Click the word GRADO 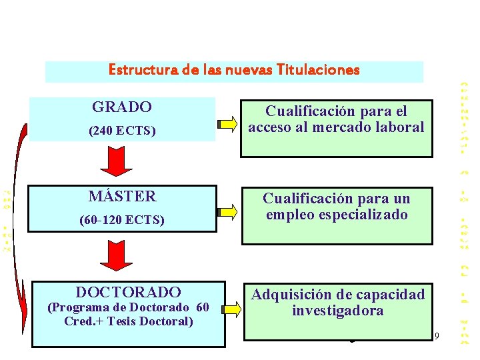tap(122, 107)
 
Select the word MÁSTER tap(122, 197)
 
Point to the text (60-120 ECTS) tap(122, 219)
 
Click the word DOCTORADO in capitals tap(128, 292)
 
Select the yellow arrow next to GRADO tap(227, 123)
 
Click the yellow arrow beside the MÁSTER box tap(227, 213)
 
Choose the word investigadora tap(337, 311)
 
